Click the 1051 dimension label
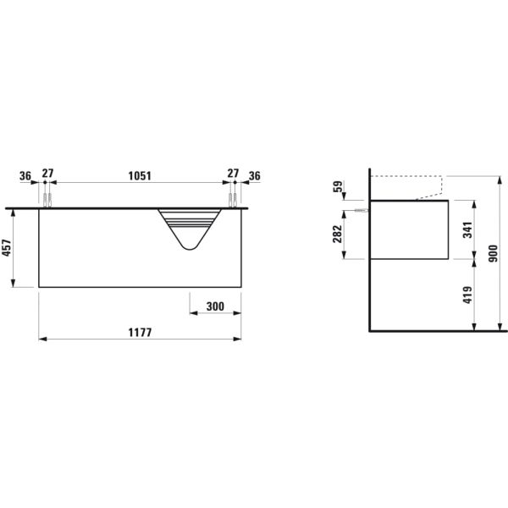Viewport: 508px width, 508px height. [140, 175]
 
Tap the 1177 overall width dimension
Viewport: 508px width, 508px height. [140, 332]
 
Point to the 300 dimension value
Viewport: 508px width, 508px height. [214, 306]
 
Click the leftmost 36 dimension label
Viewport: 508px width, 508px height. [25, 175]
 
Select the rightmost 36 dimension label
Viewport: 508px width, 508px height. [253, 175]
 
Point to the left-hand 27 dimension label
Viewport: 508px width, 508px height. [47, 175]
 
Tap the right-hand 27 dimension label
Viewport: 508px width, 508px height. [232, 175]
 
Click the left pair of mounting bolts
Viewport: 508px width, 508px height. [47, 200]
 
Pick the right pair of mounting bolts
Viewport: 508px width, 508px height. [231, 200]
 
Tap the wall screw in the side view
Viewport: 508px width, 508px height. [362, 210]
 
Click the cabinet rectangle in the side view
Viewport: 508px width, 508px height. [411, 229]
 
